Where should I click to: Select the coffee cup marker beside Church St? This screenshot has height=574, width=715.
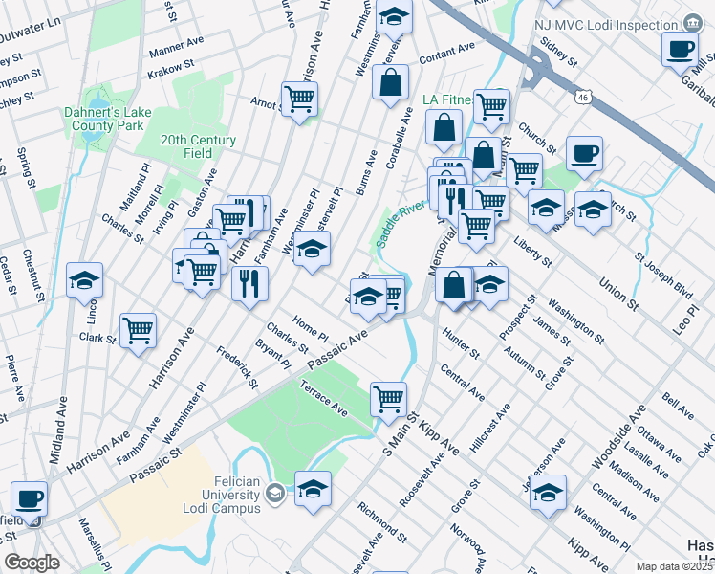584,154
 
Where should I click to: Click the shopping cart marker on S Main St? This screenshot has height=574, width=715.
388,399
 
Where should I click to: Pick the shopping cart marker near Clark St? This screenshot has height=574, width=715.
139,331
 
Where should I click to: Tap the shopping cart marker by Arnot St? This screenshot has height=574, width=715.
300,99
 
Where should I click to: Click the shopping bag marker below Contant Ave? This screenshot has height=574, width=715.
391,83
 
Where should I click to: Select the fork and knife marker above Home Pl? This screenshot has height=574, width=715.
250,283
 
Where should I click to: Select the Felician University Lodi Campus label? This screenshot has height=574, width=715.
215,501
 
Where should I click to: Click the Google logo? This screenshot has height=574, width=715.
32,563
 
